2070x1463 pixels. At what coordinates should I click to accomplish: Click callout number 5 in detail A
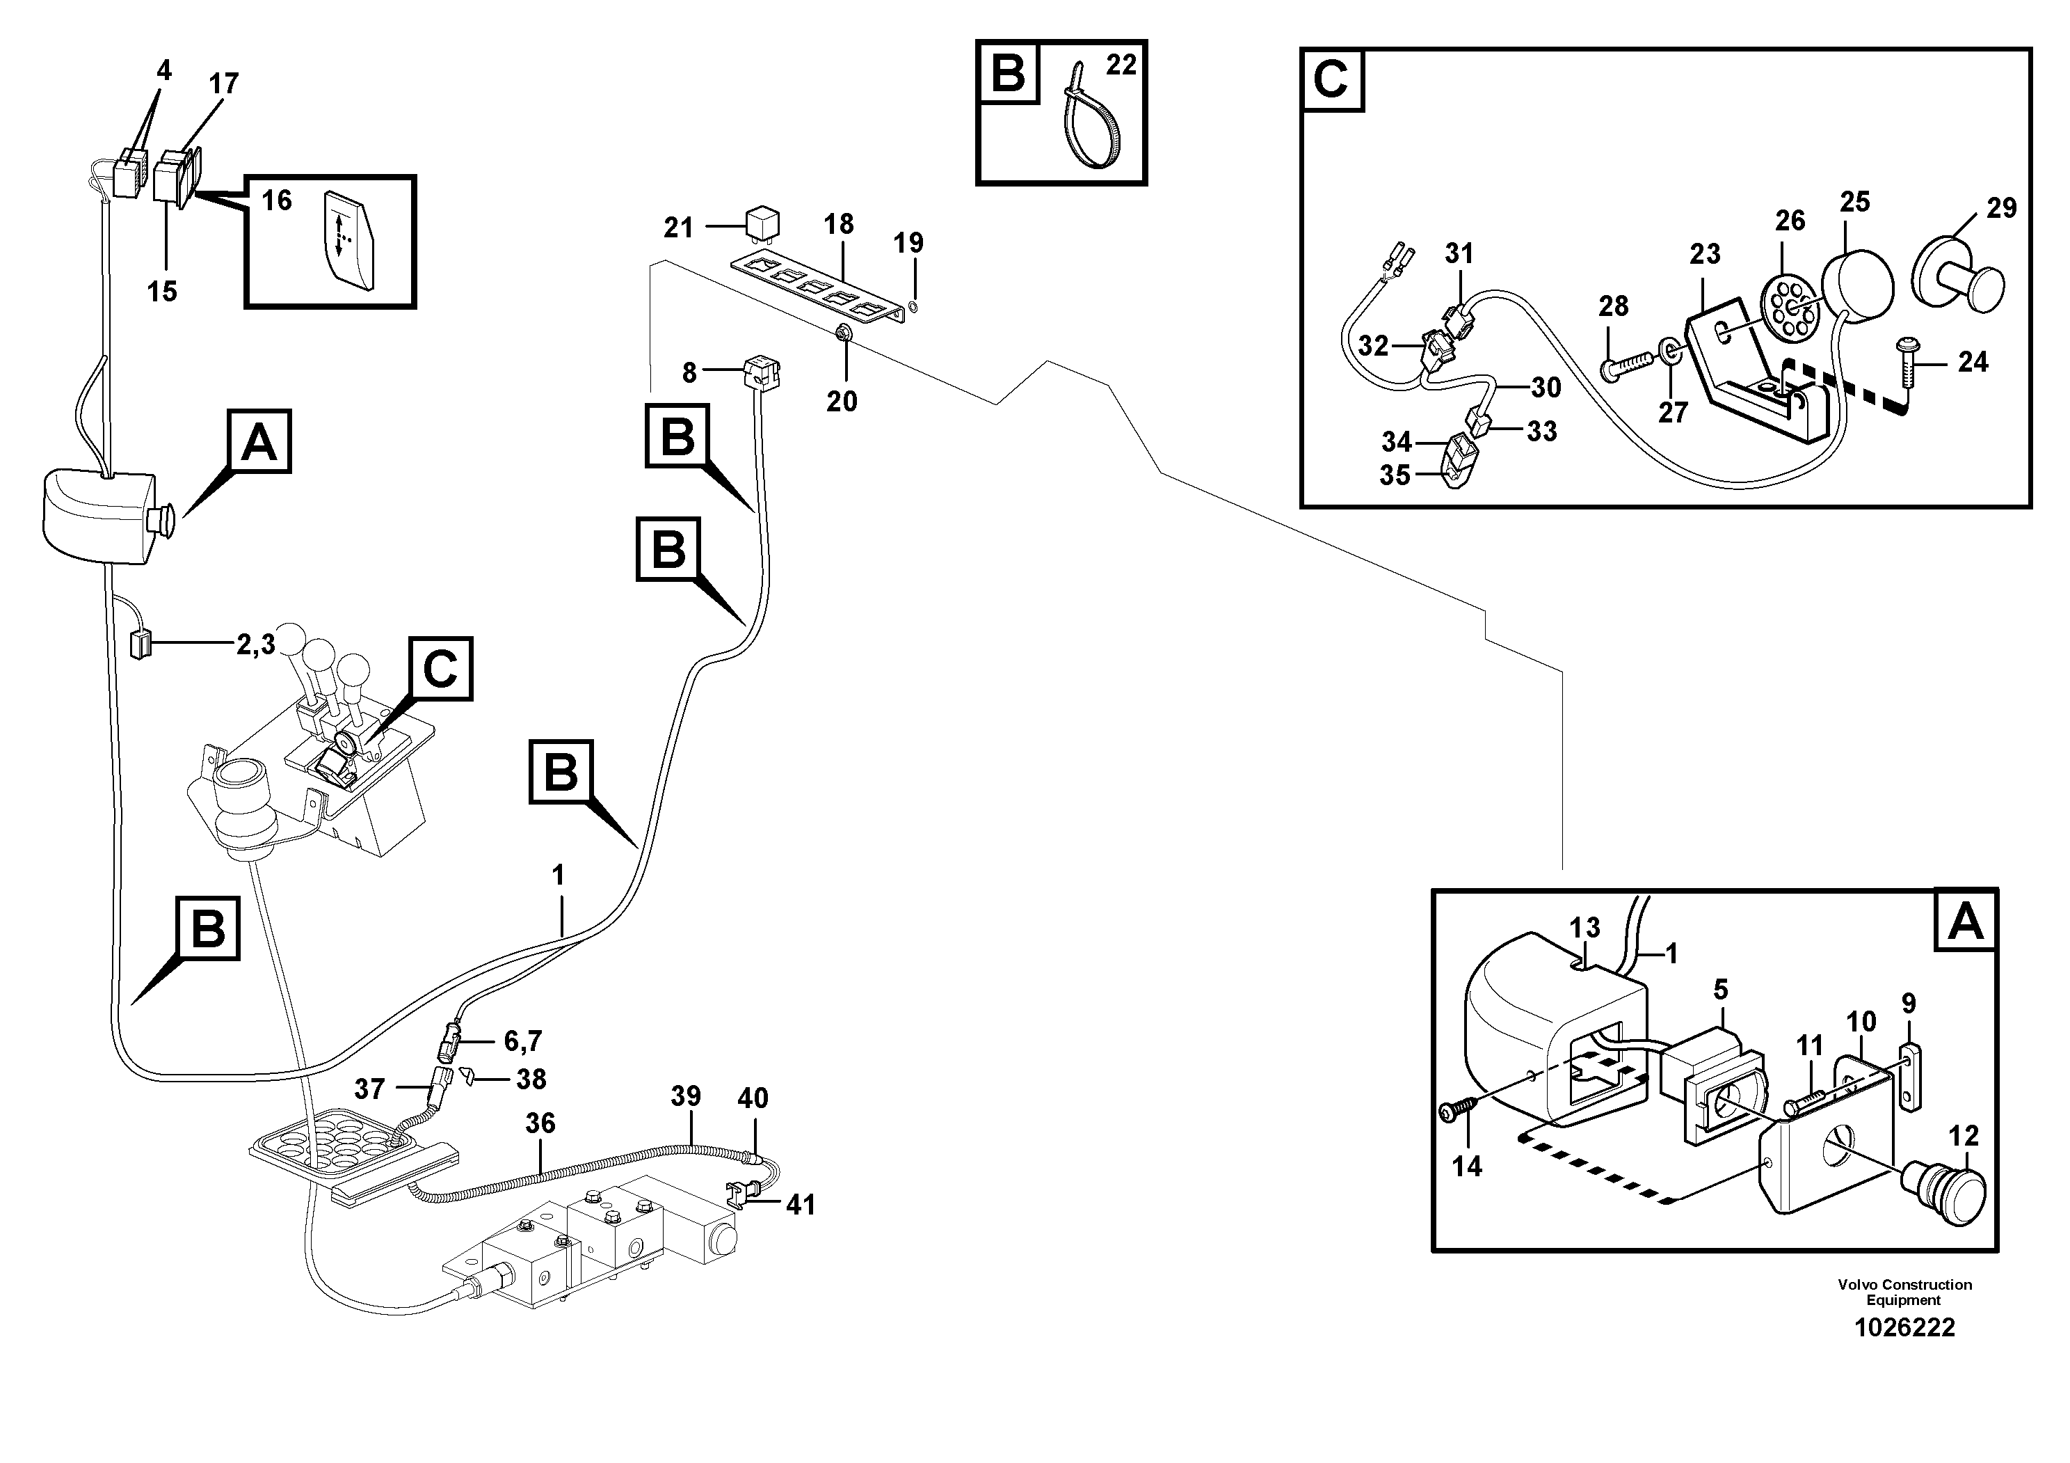pyautogui.click(x=1720, y=990)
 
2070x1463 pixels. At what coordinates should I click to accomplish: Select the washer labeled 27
pyautogui.click(x=1671, y=351)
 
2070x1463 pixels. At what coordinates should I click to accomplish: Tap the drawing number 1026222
pyautogui.click(x=1904, y=1328)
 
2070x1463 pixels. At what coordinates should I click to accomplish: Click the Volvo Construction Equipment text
pyautogui.click(x=1904, y=1292)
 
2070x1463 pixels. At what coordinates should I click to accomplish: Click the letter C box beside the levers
pyautogui.click(x=440, y=668)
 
